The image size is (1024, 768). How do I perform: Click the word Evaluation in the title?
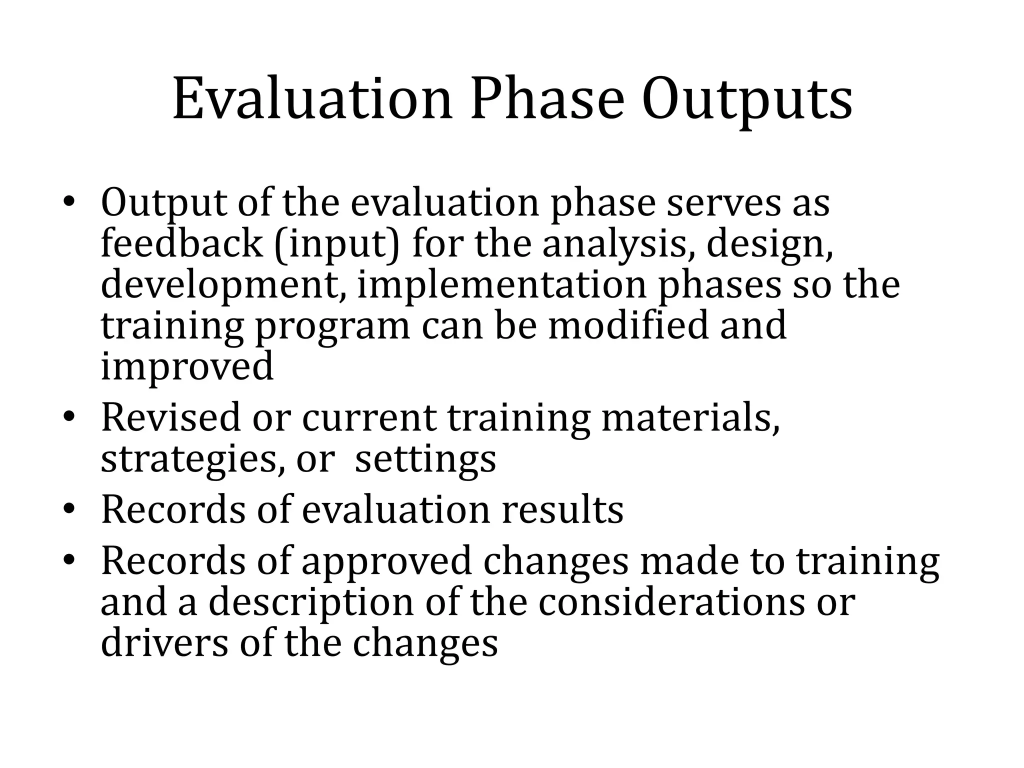tap(312, 100)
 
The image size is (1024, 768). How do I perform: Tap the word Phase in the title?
tap(547, 100)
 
